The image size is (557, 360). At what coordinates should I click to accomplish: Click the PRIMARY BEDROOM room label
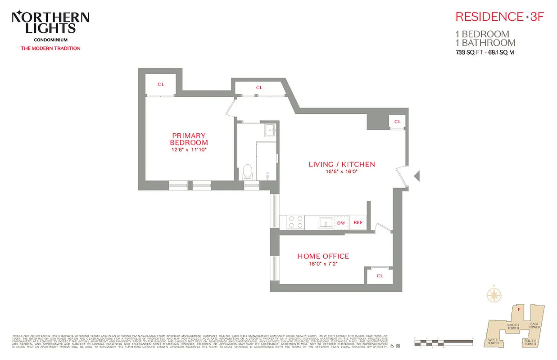point(189,139)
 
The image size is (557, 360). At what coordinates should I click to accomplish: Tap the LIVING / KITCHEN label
point(341,164)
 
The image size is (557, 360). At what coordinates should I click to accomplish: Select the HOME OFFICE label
point(323,256)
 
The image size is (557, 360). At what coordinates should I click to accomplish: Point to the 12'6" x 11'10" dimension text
point(189,150)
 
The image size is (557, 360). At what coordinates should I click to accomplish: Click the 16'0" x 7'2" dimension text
point(323,264)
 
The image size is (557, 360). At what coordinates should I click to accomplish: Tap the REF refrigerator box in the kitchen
point(358,223)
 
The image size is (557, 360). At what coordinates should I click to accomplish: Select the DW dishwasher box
point(341,223)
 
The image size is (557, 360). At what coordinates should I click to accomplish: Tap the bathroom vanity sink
point(270,130)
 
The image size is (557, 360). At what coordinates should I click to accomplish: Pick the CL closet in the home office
point(380,275)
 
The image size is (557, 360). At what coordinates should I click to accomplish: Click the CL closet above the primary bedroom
point(160,85)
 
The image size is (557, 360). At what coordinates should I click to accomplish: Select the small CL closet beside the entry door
point(397,121)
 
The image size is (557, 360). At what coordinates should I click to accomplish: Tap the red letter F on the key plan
point(519,309)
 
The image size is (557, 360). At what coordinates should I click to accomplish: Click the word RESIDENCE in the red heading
point(489,17)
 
